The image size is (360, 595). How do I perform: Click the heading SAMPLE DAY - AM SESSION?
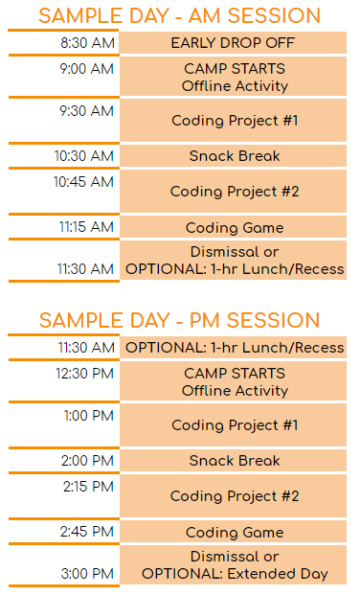pos(180,15)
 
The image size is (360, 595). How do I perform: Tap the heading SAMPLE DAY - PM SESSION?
pos(180,320)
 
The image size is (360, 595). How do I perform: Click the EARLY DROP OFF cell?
pos(234,43)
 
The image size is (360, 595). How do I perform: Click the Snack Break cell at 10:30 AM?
pos(234,156)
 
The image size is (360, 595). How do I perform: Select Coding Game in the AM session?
pos(234,228)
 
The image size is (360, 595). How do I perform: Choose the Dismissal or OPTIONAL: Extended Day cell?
pos(234,565)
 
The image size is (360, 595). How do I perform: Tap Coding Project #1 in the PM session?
pos(234,424)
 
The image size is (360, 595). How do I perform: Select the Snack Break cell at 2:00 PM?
pos(234,461)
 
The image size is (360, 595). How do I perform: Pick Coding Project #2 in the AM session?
pos(234,192)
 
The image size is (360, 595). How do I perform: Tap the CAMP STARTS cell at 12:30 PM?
pos(234,381)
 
